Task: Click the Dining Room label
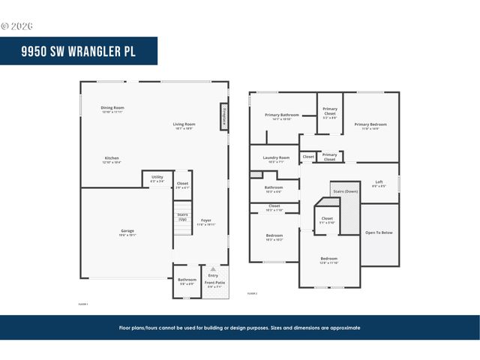tap(112, 108)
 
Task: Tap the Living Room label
tap(184, 124)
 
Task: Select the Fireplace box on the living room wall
tap(223, 117)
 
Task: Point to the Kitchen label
tap(112, 157)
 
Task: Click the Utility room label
tap(157, 177)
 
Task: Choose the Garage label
tap(127, 230)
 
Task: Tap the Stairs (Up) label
tap(182, 216)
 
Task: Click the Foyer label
tap(205, 220)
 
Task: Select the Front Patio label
tap(214, 282)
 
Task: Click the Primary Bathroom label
tap(282, 115)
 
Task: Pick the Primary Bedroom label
tap(371, 124)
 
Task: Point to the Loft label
tap(379, 182)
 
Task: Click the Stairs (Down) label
tap(344, 191)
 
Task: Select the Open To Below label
tap(379, 232)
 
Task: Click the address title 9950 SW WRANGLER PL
tap(78, 51)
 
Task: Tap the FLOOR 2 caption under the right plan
tap(252, 293)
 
